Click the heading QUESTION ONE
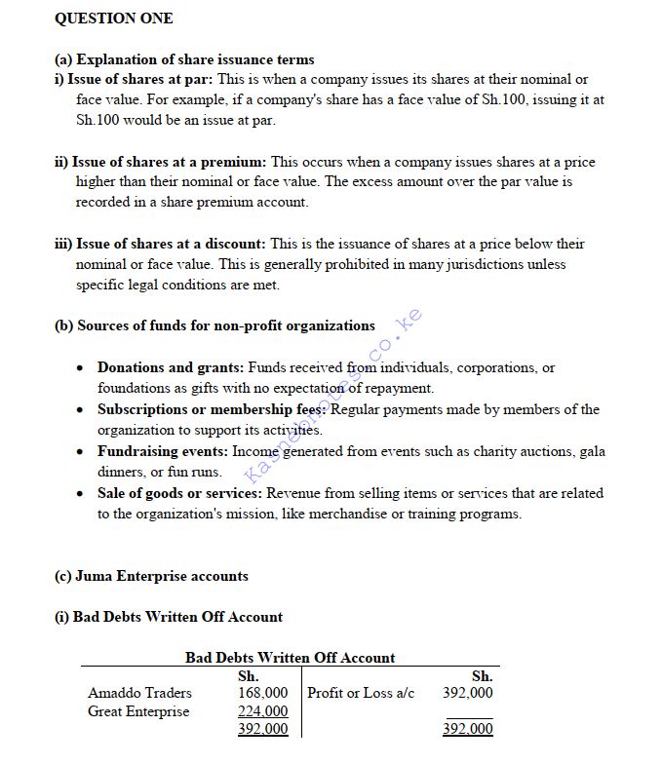tap(113, 19)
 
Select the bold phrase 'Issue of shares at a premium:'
tap(171, 162)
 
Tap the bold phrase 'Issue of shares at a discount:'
tap(171, 244)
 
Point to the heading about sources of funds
tap(214, 325)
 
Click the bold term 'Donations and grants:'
tap(171, 367)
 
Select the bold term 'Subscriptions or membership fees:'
tap(212, 409)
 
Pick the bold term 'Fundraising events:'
tap(162, 451)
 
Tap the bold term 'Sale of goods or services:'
tap(179, 493)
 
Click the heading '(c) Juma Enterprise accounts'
tap(151, 576)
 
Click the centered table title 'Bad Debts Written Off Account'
tap(291, 658)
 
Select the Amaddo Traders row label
tap(139, 693)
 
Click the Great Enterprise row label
tap(138, 711)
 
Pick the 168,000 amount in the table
tap(263, 693)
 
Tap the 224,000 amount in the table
tap(263, 711)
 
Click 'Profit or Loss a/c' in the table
tap(361, 693)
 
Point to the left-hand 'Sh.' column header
tap(249, 675)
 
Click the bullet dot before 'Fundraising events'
tap(80, 452)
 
